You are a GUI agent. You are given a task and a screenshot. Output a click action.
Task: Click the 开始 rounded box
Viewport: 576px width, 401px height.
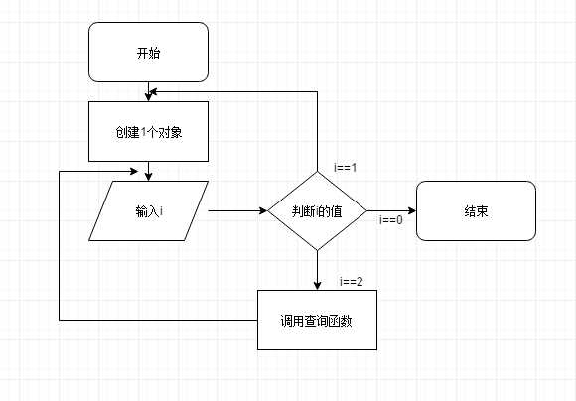click(x=148, y=53)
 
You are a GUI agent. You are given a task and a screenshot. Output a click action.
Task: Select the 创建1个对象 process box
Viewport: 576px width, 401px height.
click(x=148, y=131)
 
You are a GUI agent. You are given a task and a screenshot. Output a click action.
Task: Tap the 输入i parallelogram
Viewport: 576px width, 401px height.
click(x=148, y=210)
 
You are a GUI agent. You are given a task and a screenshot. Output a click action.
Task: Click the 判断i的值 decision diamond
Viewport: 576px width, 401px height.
click(x=317, y=210)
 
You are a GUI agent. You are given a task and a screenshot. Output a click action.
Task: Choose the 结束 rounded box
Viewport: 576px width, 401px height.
click(x=475, y=210)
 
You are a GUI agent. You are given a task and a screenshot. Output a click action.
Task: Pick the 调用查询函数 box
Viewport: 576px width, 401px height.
click(x=317, y=320)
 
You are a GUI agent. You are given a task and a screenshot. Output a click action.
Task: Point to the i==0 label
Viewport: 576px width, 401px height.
click(x=391, y=220)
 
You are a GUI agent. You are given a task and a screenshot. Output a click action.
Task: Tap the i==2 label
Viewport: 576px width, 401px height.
click(x=351, y=281)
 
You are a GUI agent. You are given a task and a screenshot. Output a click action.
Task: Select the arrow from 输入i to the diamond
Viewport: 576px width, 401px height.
click(x=238, y=210)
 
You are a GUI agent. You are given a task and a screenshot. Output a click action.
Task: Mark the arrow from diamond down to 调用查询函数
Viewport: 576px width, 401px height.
click(x=317, y=269)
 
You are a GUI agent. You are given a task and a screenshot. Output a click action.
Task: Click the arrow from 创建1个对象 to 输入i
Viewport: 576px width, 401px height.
click(x=148, y=171)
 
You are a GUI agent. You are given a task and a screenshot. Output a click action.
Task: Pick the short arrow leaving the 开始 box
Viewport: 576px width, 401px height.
click(x=148, y=91)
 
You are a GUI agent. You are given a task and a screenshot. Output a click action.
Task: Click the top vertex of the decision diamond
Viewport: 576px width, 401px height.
click(x=317, y=172)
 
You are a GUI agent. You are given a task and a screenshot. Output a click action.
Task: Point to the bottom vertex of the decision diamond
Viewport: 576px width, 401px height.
click(x=317, y=249)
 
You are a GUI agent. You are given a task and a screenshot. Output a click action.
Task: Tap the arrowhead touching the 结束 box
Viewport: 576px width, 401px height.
click(x=410, y=210)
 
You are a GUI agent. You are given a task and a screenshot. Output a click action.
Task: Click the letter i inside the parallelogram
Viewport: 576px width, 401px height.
click(x=160, y=211)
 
